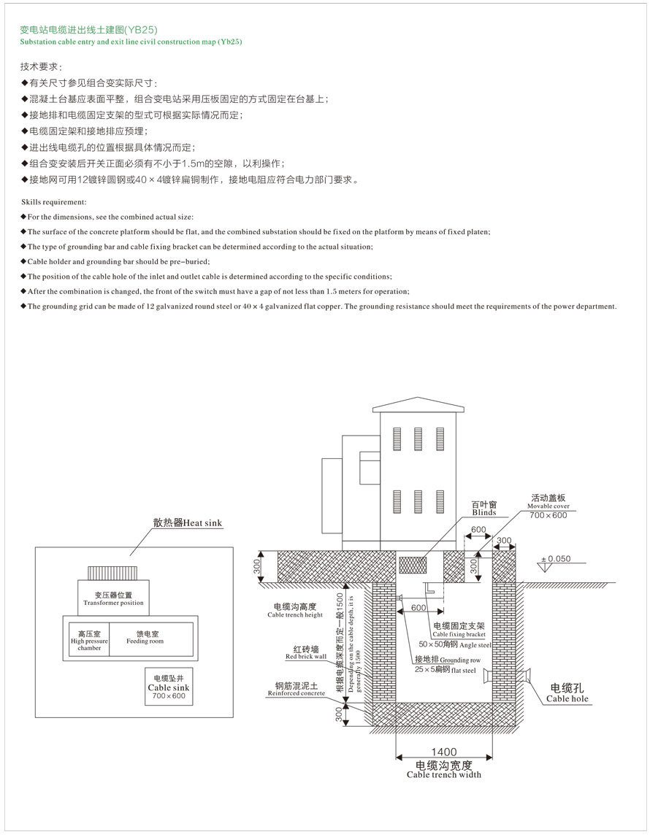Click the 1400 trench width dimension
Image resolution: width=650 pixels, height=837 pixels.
pyautogui.click(x=443, y=752)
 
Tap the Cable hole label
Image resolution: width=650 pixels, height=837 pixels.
pyautogui.click(x=567, y=693)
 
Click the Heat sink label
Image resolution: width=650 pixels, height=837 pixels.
pyautogui.click(x=188, y=522)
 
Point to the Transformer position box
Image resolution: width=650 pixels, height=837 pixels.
pyautogui.click(x=113, y=598)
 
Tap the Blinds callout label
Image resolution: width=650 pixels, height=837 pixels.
pyautogui.click(x=483, y=508)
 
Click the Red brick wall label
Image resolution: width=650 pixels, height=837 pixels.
pyautogui.click(x=305, y=652)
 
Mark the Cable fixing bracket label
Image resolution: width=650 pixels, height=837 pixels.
pyautogui.click(x=459, y=630)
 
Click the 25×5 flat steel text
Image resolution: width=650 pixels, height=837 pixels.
pyautogui.click(x=446, y=669)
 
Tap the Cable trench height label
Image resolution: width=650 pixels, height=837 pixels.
pyautogui.click(x=295, y=610)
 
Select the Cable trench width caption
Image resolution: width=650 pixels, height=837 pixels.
pyautogui.click(x=443, y=770)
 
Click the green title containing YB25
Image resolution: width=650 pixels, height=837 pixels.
pyautogui.click(x=88, y=30)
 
